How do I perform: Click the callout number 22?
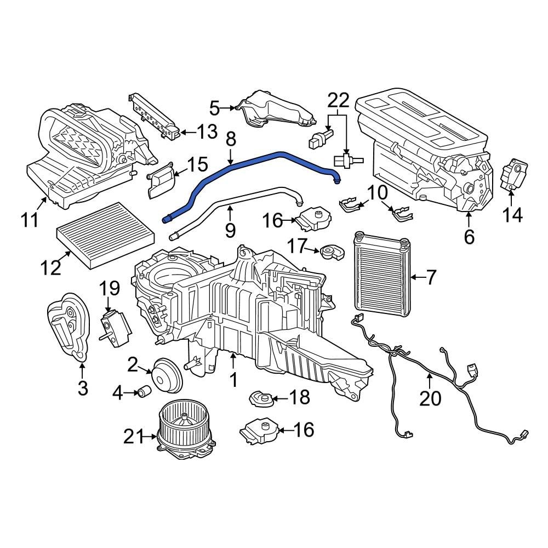click(x=338, y=100)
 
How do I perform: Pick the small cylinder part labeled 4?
click(x=145, y=392)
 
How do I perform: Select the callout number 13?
click(x=207, y=132)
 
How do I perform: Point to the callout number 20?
click(x=430, y=398)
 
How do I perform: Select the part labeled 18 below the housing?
click(x=261, y=398)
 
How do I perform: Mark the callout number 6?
click(x=469, y=237)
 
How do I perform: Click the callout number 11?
click(x=30, y=220)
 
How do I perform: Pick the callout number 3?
click(x=82, y=388)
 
